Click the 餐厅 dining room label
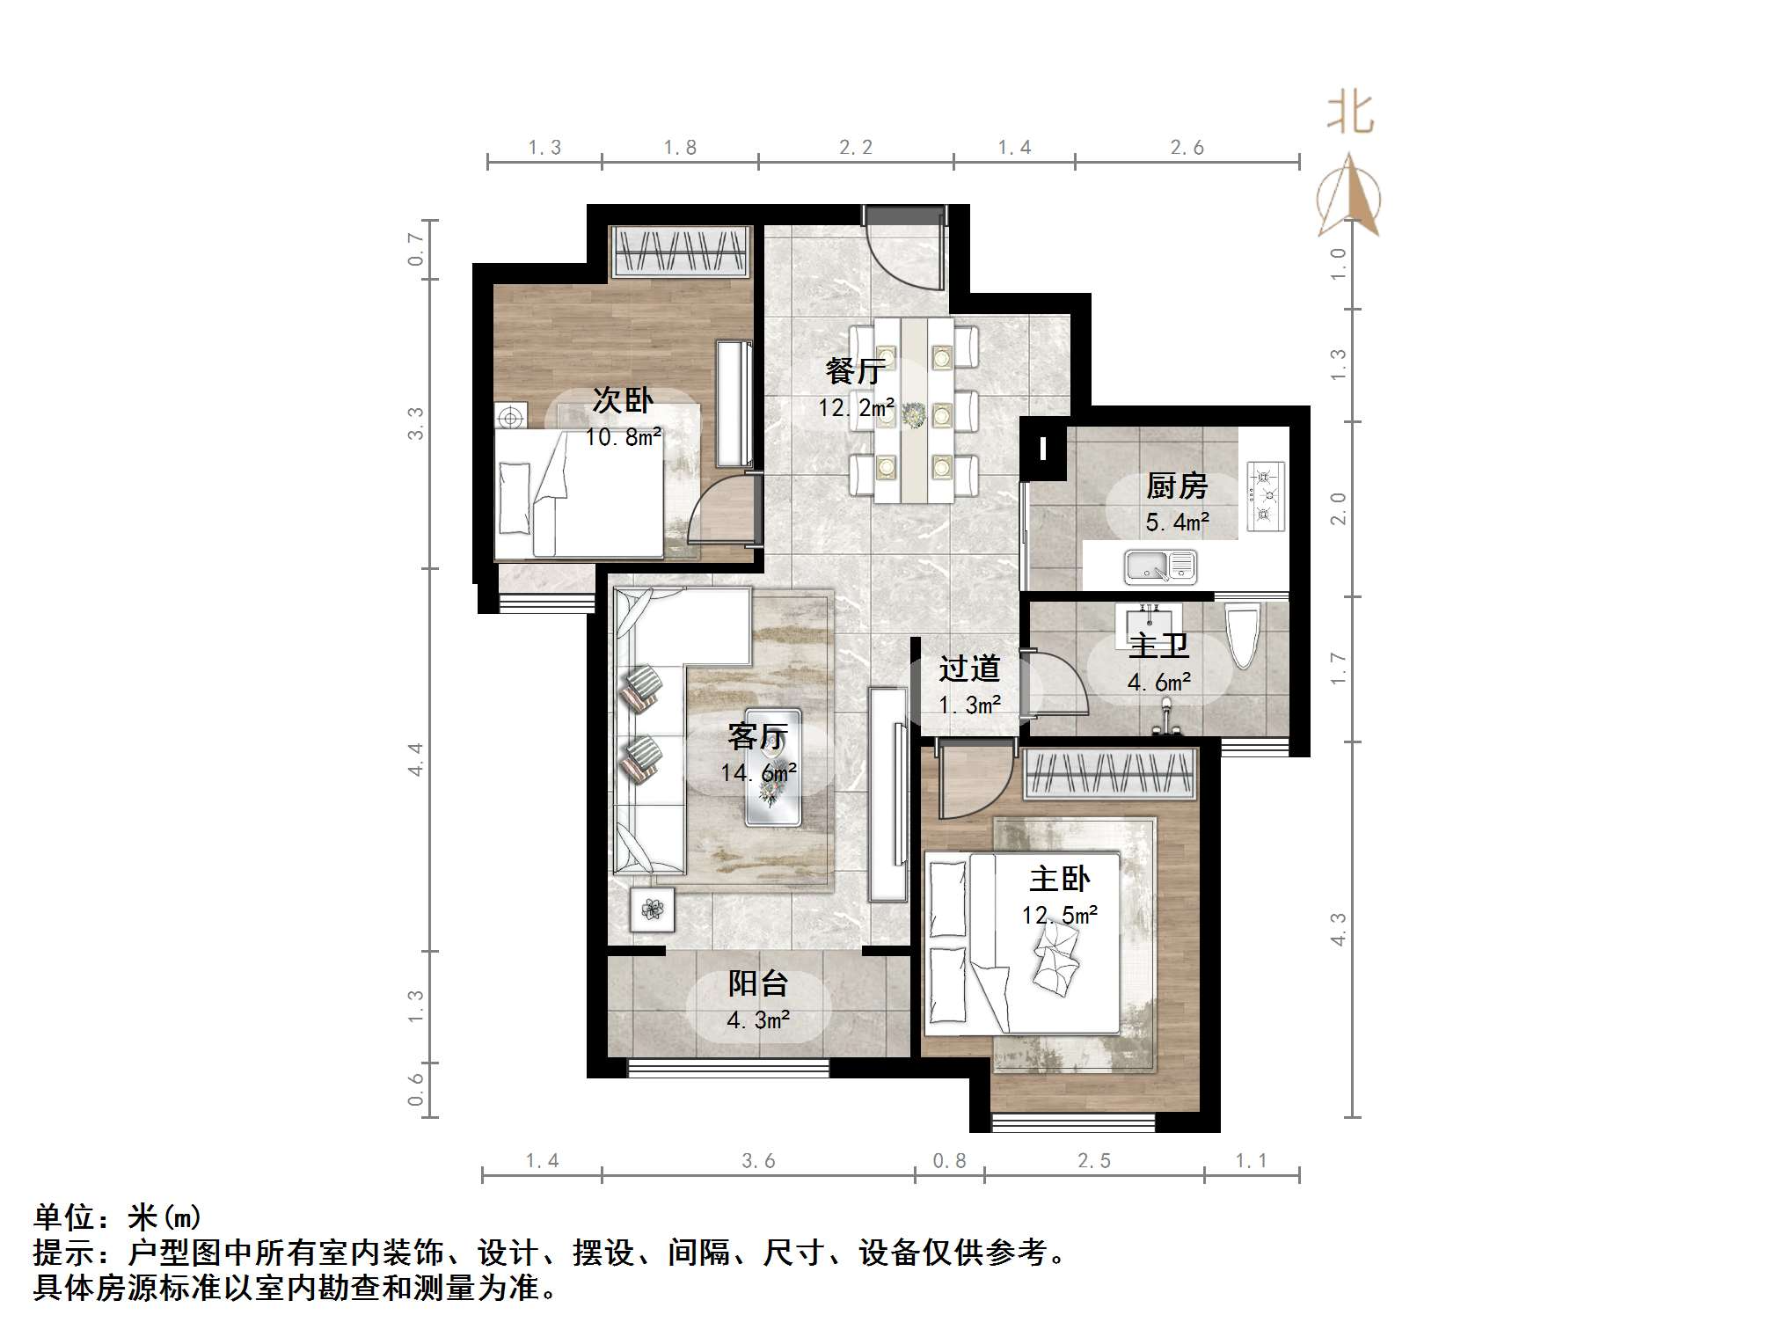pos(853,370)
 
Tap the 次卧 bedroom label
pos(623,400)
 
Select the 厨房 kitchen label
pos(1177,486)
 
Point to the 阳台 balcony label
pos(758,983)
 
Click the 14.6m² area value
pos(758,773)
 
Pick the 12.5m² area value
pos(1059,916)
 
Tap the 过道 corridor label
pos(969,668)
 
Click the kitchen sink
pos(1160,566)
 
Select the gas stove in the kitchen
pos(1265,496)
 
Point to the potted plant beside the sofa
pos(652,910)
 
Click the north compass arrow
pos(1348,197)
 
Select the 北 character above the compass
pos(1350,113)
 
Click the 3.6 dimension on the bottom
pos(758,1161)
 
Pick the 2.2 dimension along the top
pos(855,148)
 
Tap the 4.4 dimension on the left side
pos(415,759)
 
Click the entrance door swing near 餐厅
pos(906,251)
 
